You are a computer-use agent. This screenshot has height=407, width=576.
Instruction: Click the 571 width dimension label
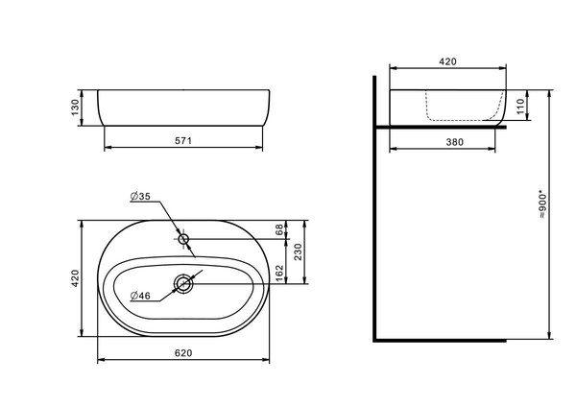(x=183, y=141)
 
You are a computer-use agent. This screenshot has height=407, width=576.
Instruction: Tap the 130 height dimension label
(x=75, y=108)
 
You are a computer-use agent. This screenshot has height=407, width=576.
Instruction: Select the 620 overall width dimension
(x=183, y=353)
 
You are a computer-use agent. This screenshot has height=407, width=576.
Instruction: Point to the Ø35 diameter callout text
(x=140, y=197)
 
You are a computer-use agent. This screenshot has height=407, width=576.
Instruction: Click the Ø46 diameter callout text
(x=140, y=296)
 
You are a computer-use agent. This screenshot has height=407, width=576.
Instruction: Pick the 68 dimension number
(x=279, y=229)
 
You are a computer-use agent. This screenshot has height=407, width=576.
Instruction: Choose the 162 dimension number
(x=279, y=273)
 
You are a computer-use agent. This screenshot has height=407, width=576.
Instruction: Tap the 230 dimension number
(x=298, y=252)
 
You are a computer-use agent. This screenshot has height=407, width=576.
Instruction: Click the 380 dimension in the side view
(x=455, y=142)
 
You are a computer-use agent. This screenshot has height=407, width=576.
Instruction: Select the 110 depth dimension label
(x=520, y=107)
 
